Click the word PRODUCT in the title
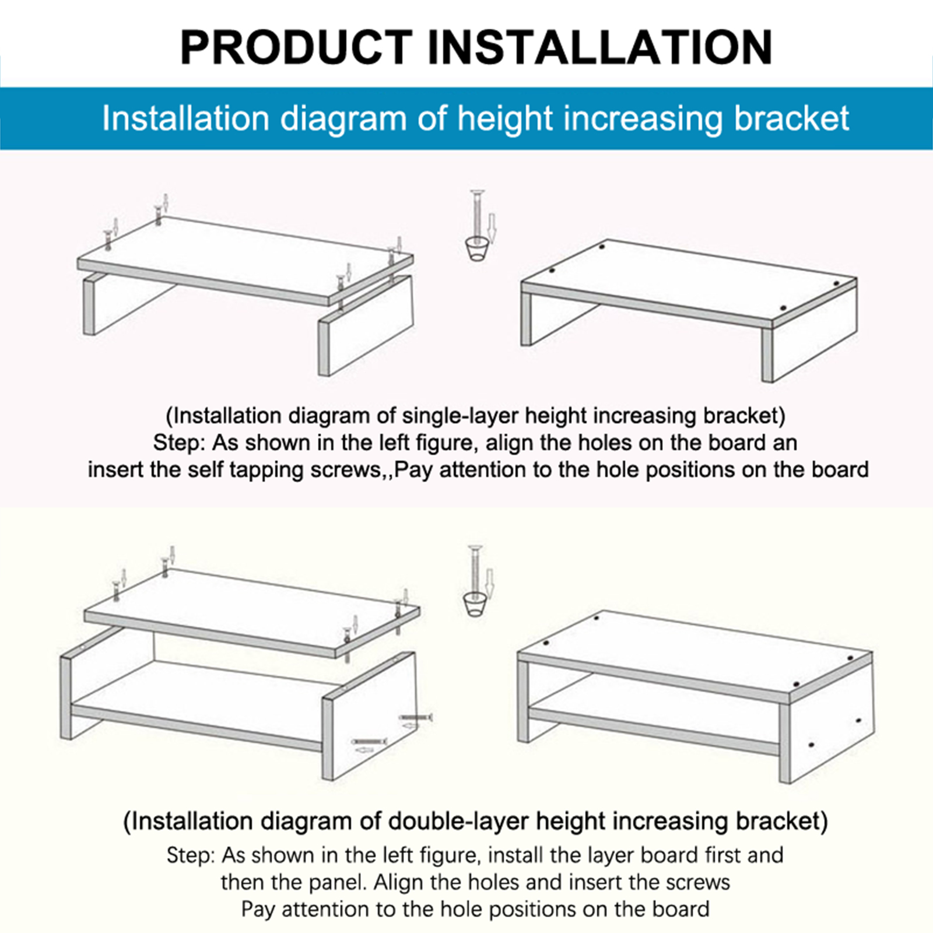[x=296, y=47]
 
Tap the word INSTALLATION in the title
[x=600, y=47]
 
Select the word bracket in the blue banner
[x=791, y=118]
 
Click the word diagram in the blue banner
[x=343, y=119]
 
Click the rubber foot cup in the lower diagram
[x=475, y=604]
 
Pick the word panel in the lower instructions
[x=340, y=882]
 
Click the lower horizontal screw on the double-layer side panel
[x=370, y=741]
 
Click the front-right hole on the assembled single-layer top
[x=783, y=308]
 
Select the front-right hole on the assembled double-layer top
[x=796, y=683]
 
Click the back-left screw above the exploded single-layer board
[x=157, y=215]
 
